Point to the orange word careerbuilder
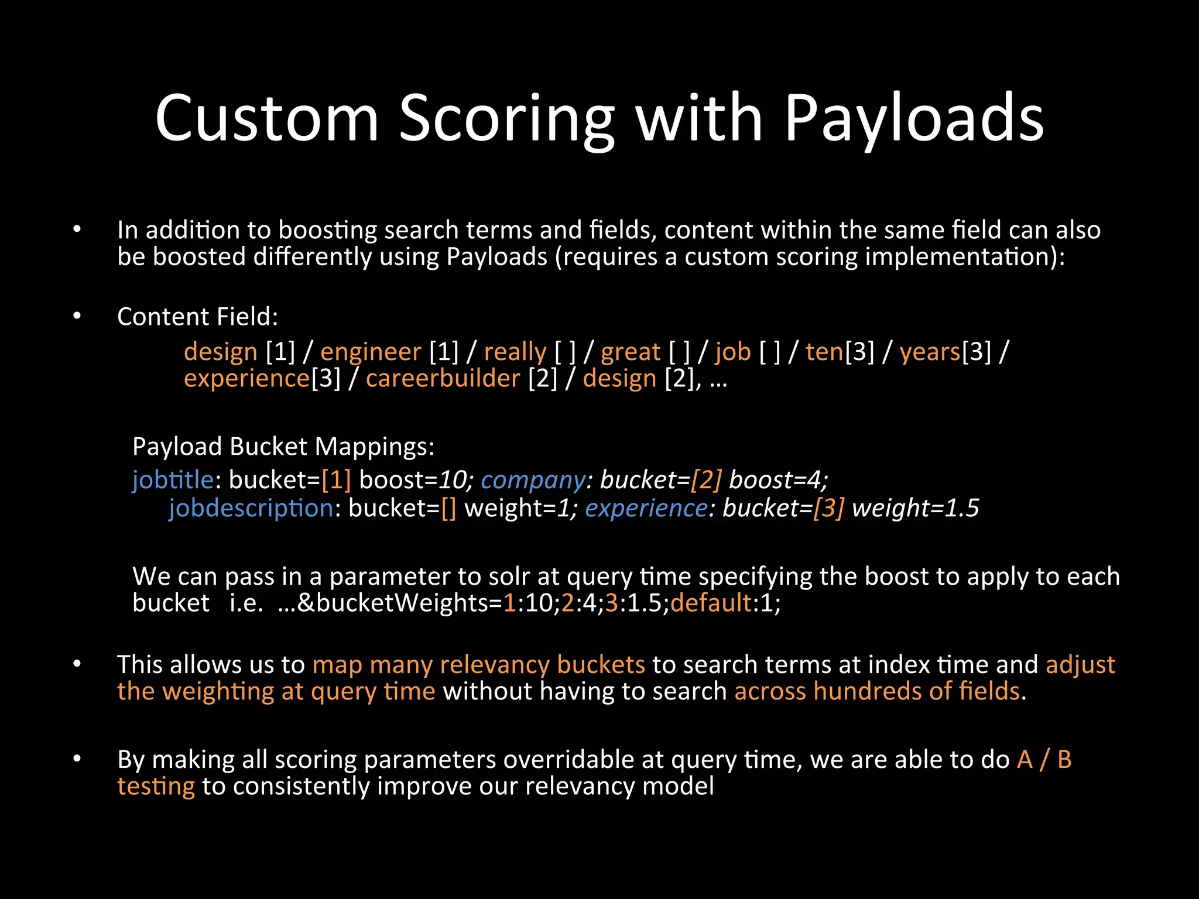click(x=443, y=379)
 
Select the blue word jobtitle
click(x=173, y=480)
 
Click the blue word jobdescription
click(x=251, y=508)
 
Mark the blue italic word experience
click(x=646, y=508)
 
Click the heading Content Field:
click(x=197, y=317)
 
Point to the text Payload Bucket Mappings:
click(x=283, y=447)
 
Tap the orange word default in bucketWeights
click(x=711, y=603)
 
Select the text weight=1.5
click(x=915, y=508)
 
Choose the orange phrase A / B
click(x=1044, y=760)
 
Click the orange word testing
click(x=156, y=787)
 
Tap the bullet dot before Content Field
click(x=77, y=316)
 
